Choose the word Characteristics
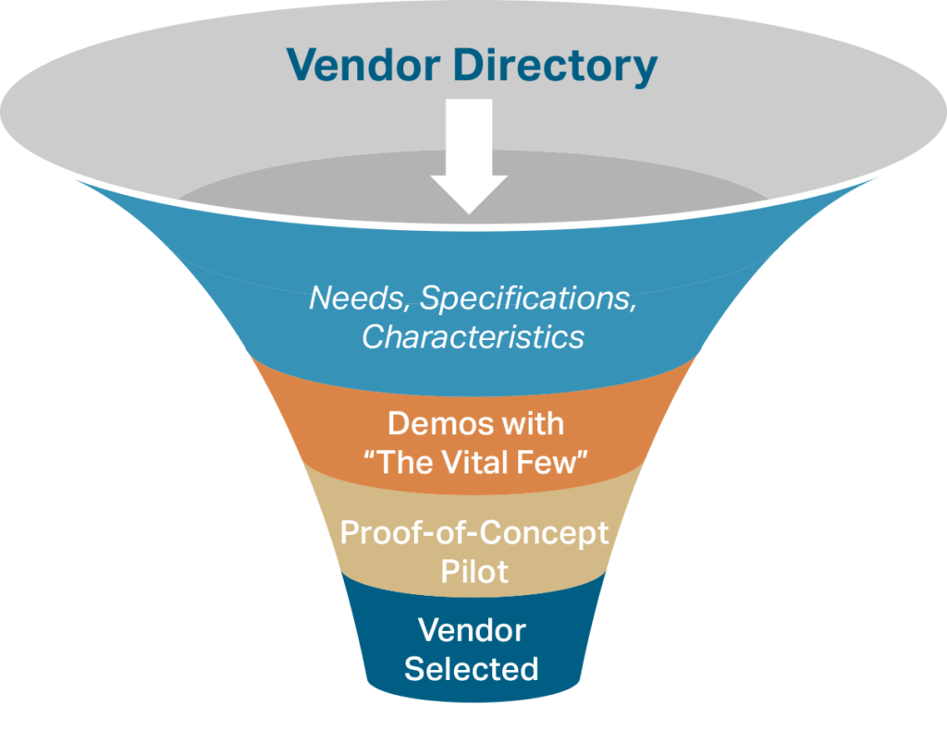click(x=473, y=336)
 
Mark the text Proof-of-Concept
click(x=473, y=533)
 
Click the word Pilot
click(x=473, y=571)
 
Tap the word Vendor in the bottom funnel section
click(x=472, y=630)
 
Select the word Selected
click(x=472, y=668)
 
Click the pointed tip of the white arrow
click(x=470, y=211)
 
